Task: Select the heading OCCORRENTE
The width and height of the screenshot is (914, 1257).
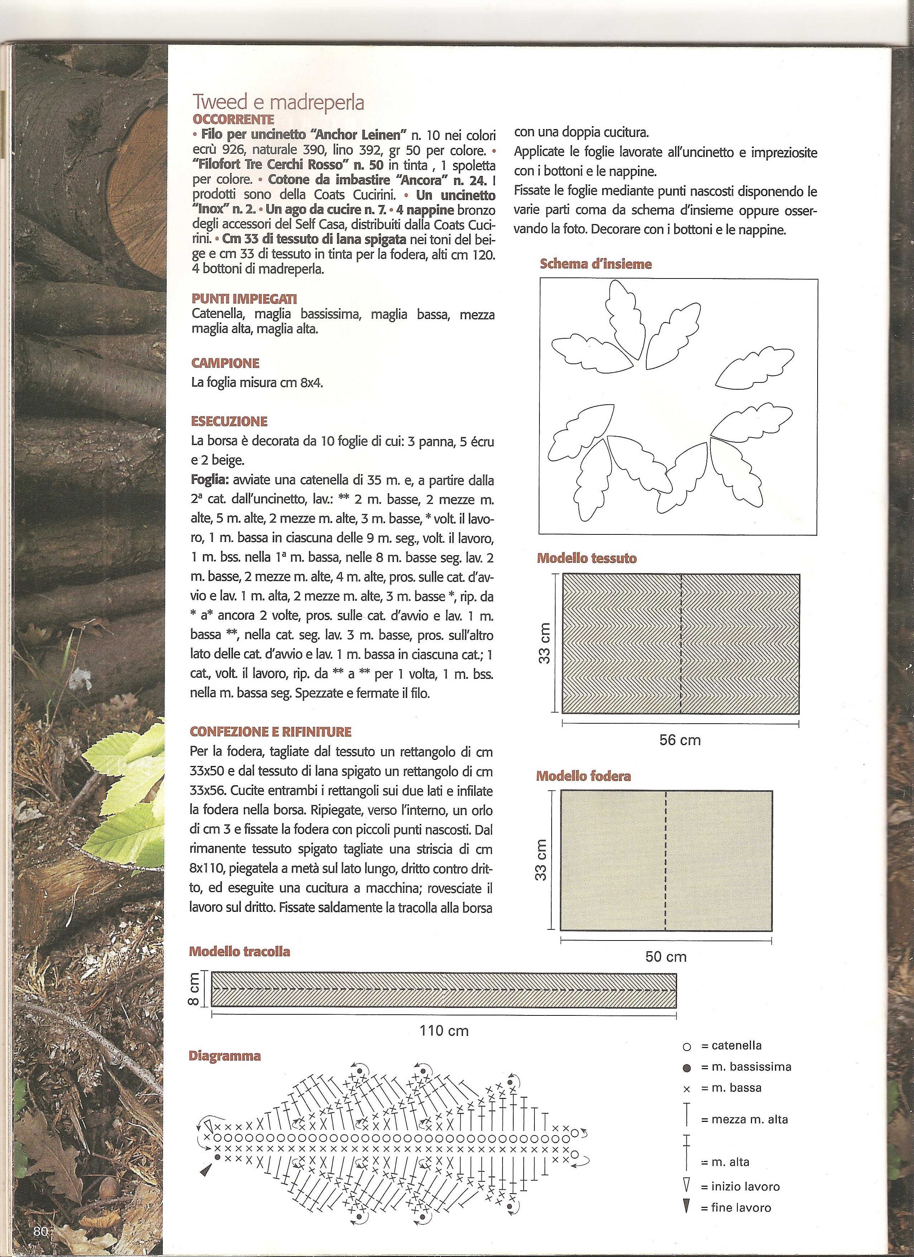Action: coord(233,119)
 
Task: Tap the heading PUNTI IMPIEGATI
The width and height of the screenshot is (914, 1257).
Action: coord(244,299)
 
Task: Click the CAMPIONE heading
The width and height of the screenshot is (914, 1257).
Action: coord(225,363)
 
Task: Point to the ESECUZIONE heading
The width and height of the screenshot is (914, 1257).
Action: coord(229,421)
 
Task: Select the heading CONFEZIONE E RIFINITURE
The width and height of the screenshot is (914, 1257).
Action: coord(271,732)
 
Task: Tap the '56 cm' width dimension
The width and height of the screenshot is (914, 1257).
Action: coord(680,740)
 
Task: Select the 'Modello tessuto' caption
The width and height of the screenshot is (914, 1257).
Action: coord(586,558)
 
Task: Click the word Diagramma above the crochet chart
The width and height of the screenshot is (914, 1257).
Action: coord(224,1056)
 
